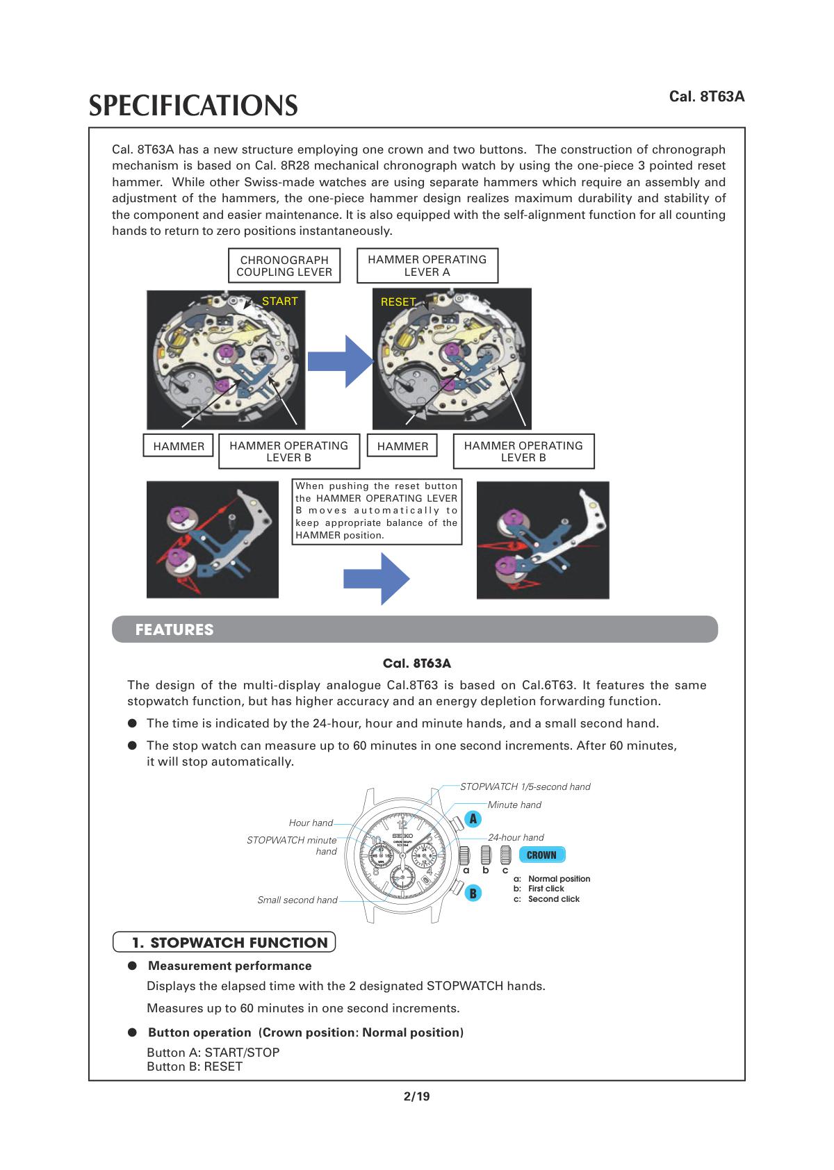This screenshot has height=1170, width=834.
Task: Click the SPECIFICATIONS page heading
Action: tap(193, 106)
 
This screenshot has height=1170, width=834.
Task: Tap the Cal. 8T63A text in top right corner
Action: tap(707, 96)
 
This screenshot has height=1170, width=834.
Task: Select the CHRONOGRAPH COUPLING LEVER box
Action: tap(284, 266)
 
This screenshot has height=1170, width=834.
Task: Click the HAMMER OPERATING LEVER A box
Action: tap(427, 266)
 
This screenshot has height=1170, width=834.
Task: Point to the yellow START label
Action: tap(279, 301)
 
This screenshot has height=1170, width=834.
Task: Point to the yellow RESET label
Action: tap(398, 302)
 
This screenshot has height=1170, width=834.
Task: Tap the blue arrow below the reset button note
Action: tap(376, 579)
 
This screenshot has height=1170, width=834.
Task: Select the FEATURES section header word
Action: tap(174, 629)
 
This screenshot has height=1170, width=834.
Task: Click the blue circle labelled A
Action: tap(473, 818)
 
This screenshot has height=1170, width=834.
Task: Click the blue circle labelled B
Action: tap(473, 893)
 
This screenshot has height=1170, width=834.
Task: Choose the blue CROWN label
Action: tap(541, 855)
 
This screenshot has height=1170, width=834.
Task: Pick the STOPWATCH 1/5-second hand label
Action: tap(525, 786)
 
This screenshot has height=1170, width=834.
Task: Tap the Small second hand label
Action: tap(297, 900)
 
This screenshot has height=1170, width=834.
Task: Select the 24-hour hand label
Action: tap(516, 837)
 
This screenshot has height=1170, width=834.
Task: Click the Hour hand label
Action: tap(311, 823)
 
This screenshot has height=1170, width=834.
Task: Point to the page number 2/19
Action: tap(417, 1096)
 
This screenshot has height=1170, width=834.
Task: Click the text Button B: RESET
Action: tap(195, 1066)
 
